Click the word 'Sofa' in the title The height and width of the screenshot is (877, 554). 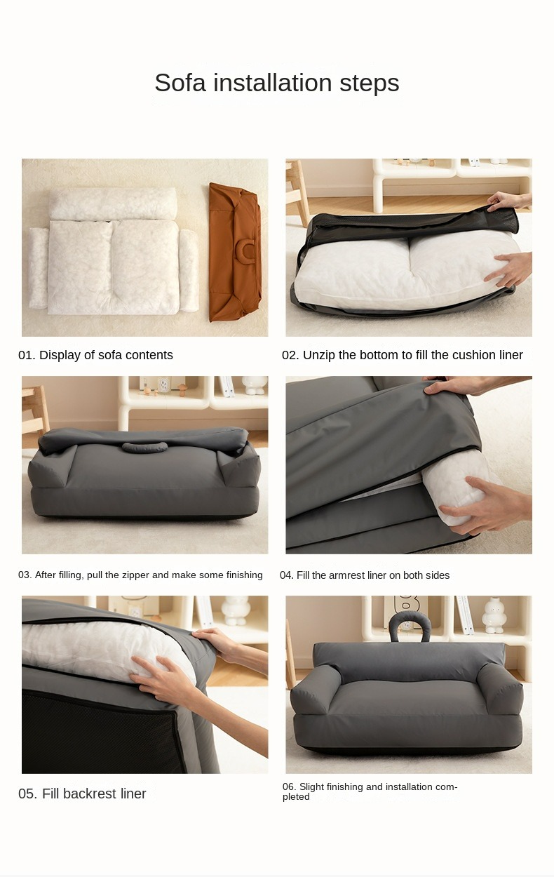[180, 83]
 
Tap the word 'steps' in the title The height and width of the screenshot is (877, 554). [370, 83]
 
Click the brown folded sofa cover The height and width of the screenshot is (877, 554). [235, 252]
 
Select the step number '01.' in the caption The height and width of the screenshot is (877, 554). [27, 355]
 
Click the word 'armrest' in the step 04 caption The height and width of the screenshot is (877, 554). [346, 575]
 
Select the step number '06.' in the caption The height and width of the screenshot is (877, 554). [289, 786]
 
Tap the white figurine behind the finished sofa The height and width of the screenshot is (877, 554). [494, 615]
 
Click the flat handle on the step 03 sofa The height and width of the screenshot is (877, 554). [144, 446]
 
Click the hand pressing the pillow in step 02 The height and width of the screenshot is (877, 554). [508, 268]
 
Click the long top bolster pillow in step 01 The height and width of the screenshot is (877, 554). [114, 203]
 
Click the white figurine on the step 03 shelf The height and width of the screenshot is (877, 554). [255, 385]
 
